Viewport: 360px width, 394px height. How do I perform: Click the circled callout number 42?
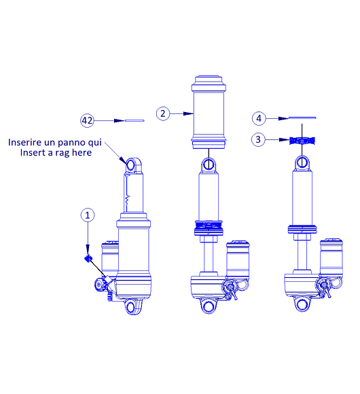(x=87, y=120)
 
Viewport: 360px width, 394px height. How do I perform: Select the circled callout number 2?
(x=163, y=113)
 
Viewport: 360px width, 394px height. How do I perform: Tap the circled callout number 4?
(x=259, y=118)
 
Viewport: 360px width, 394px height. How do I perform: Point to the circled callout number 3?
(x=258, y=139)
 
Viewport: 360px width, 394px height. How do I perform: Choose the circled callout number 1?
(x=88, y=215)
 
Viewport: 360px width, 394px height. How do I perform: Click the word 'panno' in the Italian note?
(x=69, y=142)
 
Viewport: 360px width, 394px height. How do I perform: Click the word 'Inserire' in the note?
(x=24, y=142)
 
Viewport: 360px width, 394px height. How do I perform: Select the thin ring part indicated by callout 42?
(x=134, y=121)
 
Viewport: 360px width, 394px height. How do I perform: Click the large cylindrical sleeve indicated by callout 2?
(x=209, y=112)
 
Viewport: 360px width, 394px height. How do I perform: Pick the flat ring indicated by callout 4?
(x=302, y=118)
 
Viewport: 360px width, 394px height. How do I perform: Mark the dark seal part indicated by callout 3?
(x=302, y=141)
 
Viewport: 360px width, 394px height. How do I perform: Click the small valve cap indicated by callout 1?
(x=88, y=258)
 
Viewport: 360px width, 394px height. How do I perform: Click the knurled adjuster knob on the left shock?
(x=99, y=285)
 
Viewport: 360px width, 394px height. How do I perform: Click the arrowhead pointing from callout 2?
(x=188, y=113)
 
